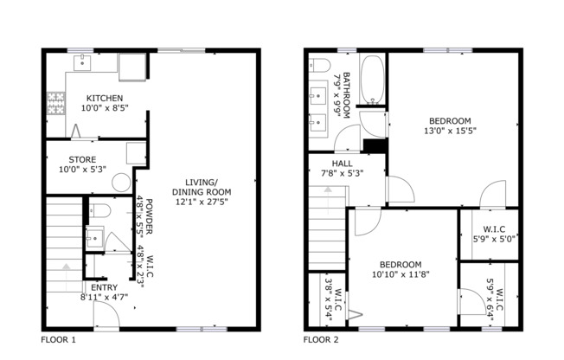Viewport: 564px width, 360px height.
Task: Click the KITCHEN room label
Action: [x=103, y=98]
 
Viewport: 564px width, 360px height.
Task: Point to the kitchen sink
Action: [x=84, y=62]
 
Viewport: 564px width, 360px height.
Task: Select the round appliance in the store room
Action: [x=122, y=183]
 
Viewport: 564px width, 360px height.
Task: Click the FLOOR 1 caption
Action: [x=58, y=340]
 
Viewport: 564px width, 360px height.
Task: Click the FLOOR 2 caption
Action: [x=321, y=340]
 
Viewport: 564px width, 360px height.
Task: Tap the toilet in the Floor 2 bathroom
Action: [x=317, y=66]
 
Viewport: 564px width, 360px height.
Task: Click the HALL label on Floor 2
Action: [x=342, y=162]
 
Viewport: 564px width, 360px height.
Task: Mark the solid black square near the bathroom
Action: [x=374, y=146]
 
